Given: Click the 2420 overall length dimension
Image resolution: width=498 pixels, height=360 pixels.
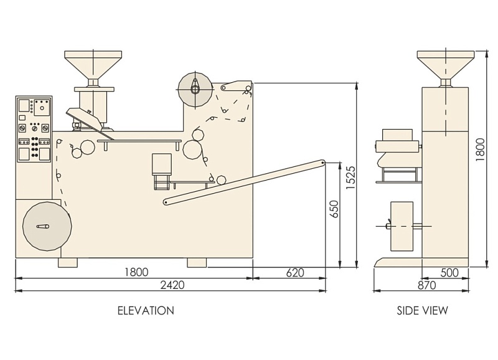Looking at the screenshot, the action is [172, 285].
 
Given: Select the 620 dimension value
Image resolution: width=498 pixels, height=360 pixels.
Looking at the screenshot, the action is [295, 273].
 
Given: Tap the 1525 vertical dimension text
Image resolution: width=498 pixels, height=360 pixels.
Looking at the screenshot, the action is [350, 178].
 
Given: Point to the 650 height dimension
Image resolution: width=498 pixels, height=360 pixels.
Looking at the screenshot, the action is [334, 209].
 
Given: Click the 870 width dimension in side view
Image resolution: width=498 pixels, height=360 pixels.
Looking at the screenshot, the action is [426, 285].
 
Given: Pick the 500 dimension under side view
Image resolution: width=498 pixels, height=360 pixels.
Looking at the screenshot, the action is [449, 273].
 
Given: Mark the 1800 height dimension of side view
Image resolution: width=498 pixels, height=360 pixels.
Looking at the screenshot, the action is [480, 149].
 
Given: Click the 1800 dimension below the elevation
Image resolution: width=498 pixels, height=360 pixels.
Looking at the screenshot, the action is [136, 272].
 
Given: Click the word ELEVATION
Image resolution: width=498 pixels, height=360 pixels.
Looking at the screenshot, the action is [146, 310].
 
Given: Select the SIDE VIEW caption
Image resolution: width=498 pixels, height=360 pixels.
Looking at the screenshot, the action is [423, 310].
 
